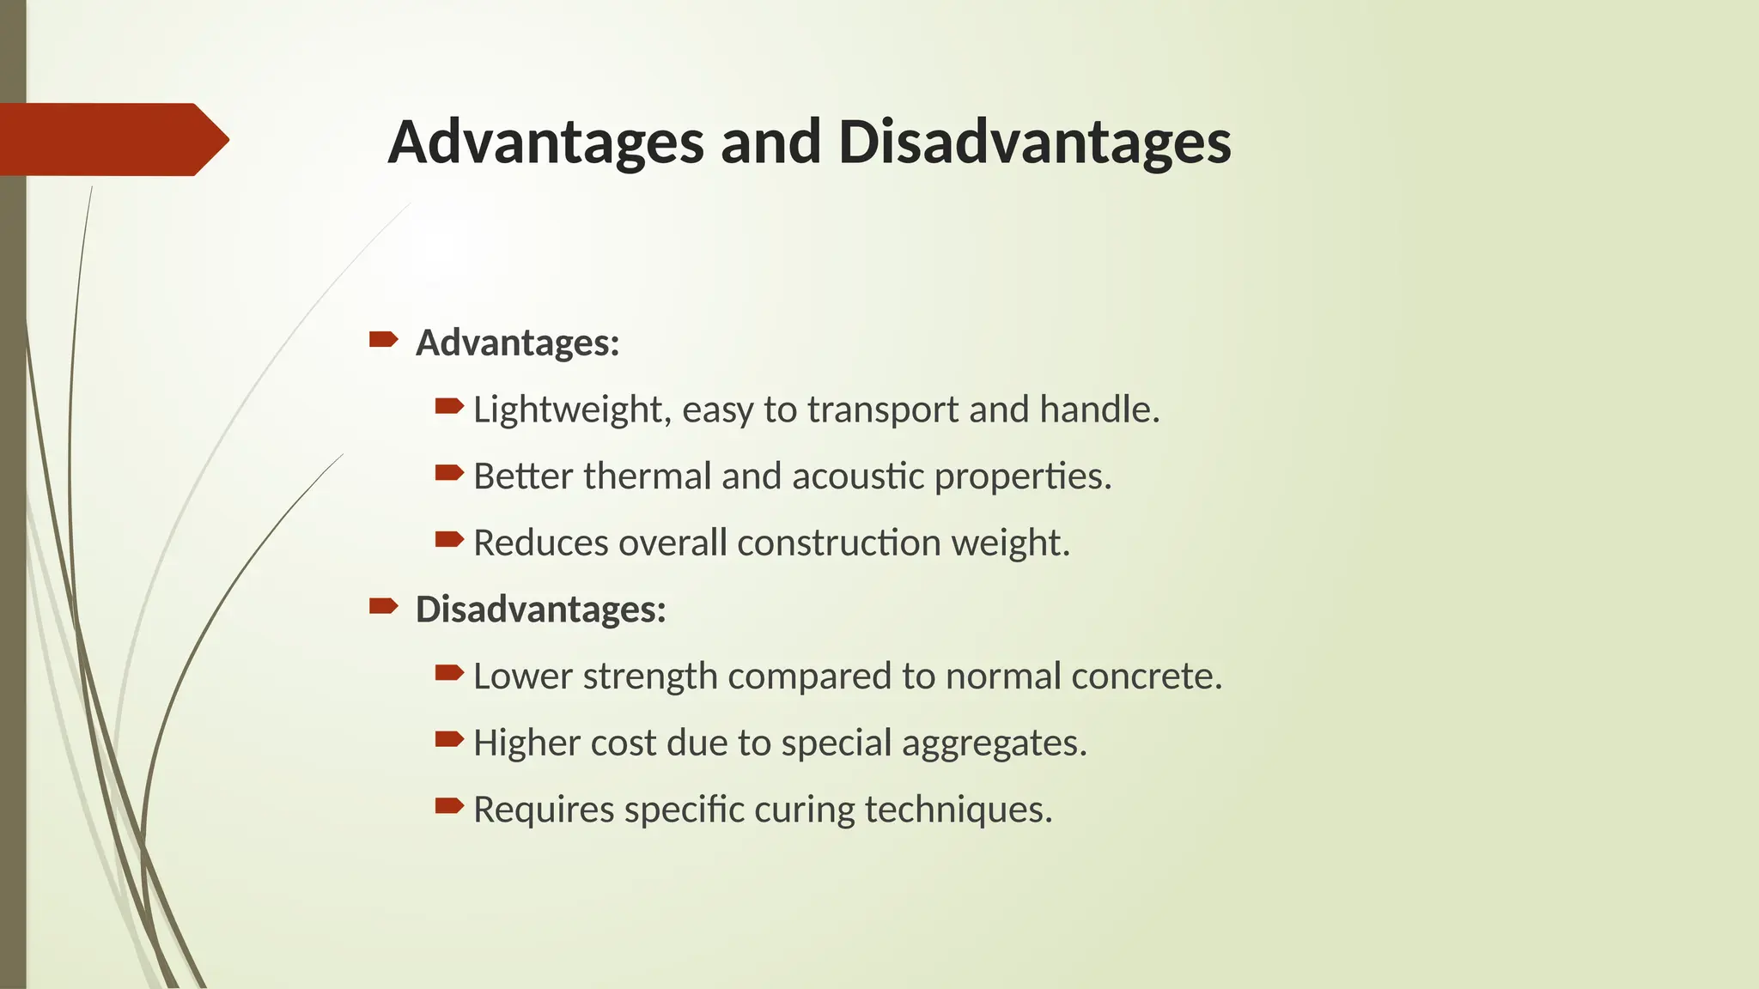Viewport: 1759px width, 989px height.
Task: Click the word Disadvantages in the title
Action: click(x=1034, y=143)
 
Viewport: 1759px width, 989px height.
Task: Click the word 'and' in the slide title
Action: click(x=770, y=143)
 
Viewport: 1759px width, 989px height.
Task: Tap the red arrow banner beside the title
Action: click(x=112, y=139)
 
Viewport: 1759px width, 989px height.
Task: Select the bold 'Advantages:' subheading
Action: click(x=517, y=343)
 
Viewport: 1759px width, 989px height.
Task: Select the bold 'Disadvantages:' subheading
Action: click(x=540, y=610)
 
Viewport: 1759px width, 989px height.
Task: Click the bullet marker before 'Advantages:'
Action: click(x=383, y=340)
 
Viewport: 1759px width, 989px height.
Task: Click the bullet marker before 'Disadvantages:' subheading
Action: click(x=383, y=607)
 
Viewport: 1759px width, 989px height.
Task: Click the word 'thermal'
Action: click(x=647, y=476)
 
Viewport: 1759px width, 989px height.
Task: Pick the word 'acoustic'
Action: click(x=857, y=476)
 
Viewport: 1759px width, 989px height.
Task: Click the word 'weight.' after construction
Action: click(x=1011, y=543)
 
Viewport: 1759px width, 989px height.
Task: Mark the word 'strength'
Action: click(x=650, y=677)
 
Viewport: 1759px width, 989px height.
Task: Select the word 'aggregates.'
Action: click(x=994, y=743)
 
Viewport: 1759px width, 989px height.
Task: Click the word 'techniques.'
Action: click(x=959, y=810)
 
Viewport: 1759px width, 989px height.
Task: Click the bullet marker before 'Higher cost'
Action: click(x=449, y=739)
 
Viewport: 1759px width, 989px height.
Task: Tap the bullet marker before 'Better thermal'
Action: click(x=449, y=472)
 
